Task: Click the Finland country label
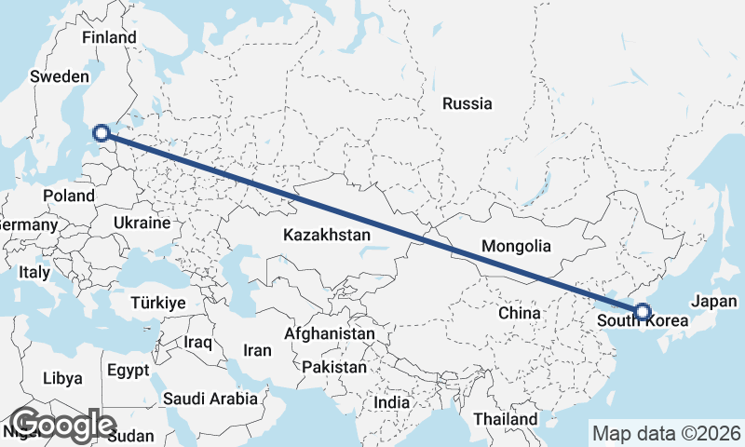coord(109,37)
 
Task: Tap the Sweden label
coord(59,76)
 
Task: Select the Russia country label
coord(467,103)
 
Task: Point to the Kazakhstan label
coord(328,236)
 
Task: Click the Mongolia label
coord(516,247)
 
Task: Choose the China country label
coord(520,313)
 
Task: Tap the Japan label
coord(715,302)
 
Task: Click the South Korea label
coord(643,321)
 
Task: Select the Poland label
coord(69,196)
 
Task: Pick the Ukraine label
coord(141,223)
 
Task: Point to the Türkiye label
coord(158,304)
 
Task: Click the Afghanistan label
coord(330,333)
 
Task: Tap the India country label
coord(391,403)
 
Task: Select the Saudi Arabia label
coord(210,399)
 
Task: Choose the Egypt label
coord(128,370)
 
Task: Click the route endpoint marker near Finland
coord(102,134)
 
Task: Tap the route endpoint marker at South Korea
coord(643,312)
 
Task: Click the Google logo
coord(63,424)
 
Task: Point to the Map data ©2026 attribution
coord(667,433)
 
